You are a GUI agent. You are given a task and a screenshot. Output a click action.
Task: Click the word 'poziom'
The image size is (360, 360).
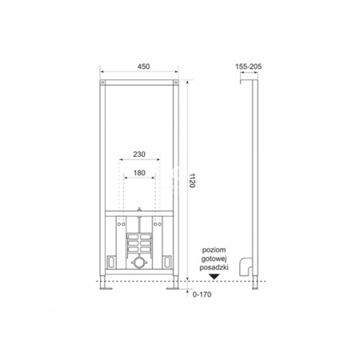point(214,250)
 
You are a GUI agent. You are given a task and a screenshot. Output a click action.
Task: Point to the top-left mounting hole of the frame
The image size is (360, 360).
point(104,84)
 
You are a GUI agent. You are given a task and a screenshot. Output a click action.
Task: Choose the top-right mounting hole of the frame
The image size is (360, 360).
point(174,84)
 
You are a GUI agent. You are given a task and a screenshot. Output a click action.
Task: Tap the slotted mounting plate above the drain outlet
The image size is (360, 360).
point(138,242)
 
